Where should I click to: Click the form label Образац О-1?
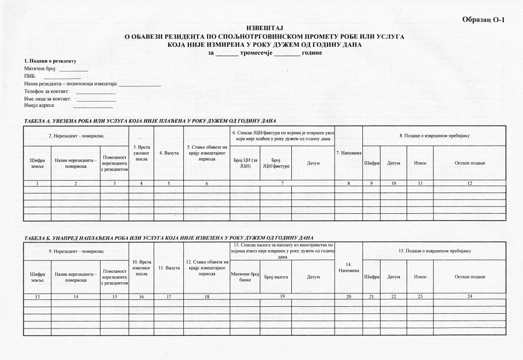(484, 19)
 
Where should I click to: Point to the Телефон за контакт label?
(47, 91)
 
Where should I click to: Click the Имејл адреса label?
(40, 105)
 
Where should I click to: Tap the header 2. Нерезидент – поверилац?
(76, 135)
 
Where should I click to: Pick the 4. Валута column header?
(169, 153)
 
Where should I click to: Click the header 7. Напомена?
(349, 153)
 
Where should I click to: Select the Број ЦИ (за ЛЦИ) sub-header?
(245, 163)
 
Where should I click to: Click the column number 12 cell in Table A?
(469, 183)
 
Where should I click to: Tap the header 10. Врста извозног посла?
(141, 267)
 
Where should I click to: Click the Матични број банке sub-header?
(245, 277)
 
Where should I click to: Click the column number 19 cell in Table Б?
(281, 297)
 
